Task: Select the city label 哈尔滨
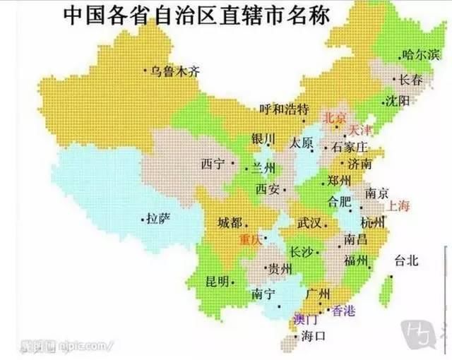tap(420, 54)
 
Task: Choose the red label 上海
tap(399, 206)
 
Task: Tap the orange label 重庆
tap(252, 239)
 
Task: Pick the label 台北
tap(407, 260)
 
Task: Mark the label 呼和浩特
tap(284, 109)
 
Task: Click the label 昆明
tap(218, 281)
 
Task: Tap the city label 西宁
tap(213, 164)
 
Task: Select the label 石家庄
tap(350, 147)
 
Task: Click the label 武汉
tap(309, 223)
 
